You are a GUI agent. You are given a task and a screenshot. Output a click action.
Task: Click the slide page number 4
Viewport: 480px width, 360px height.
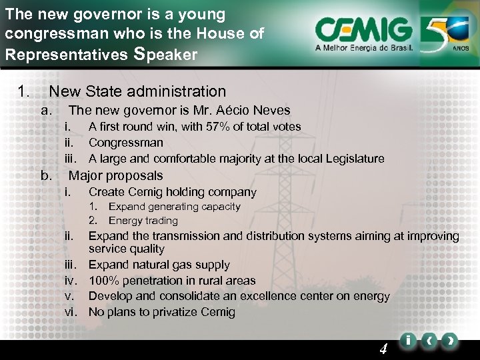[383, 348]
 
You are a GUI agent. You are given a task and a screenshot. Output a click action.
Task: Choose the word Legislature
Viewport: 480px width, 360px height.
[352, 159]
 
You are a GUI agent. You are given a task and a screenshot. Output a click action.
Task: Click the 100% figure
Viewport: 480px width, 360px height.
[103, 281]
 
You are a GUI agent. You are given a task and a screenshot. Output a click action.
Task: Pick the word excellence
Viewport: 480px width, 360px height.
[289, 296]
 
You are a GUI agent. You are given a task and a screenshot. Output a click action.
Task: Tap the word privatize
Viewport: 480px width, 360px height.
[170, 312]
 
